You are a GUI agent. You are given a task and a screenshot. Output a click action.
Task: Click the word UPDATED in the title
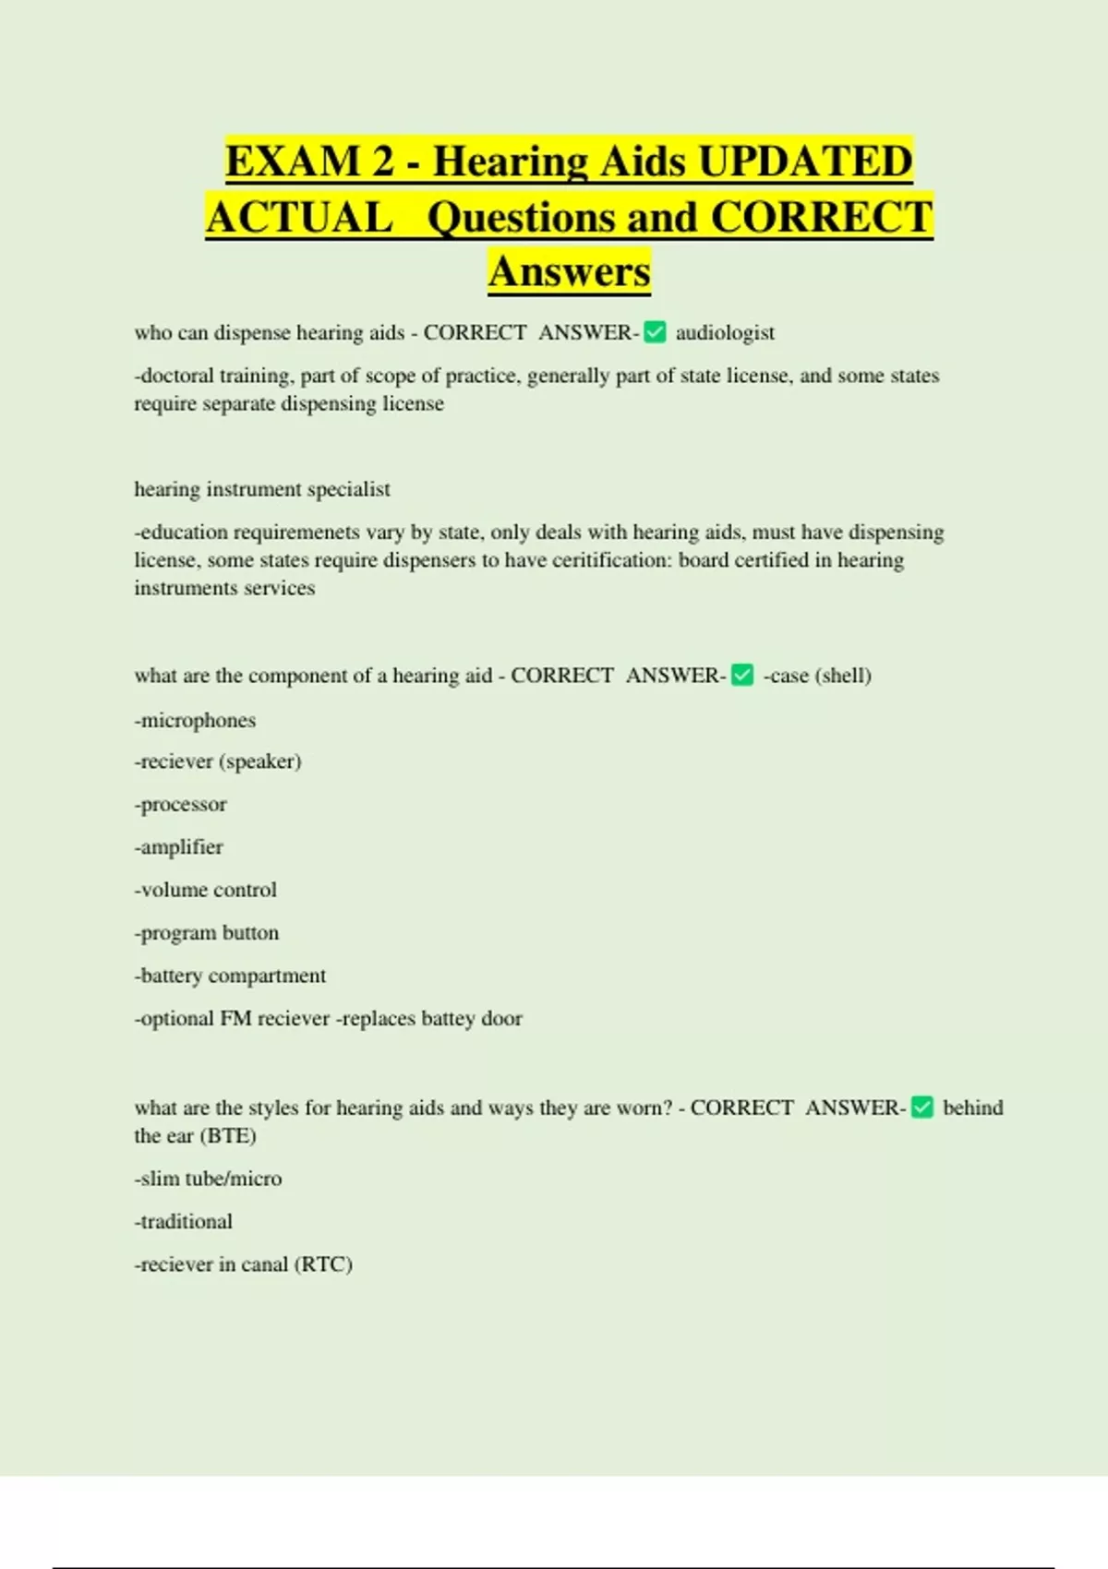point(805,162)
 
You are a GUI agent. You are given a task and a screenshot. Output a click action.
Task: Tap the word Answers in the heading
point(570,271)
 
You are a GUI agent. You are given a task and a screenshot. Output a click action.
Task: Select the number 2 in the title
point(383,162)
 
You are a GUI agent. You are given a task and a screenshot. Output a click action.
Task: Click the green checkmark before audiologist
point(655,332)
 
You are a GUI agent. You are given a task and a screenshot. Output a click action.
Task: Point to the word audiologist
point(725,332)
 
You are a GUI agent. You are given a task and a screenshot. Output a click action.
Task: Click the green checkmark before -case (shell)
point(742,676)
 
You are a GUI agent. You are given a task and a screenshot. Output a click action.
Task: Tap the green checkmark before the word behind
point(922,1108)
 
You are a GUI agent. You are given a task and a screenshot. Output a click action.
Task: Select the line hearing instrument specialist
point(262,489)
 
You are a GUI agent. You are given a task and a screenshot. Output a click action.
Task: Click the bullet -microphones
point(195,720)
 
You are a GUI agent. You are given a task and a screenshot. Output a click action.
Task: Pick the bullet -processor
point(180,804)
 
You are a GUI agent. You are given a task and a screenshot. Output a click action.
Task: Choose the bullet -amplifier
point(178,846)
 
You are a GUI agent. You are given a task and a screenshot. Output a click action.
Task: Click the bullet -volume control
point(205,890)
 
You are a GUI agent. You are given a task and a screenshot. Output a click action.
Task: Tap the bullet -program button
point(206,932)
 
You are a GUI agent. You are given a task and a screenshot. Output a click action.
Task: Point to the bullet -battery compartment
point(230,976)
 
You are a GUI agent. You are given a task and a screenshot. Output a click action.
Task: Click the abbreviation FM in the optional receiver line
point(235,1018)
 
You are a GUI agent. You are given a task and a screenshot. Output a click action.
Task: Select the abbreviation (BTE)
point(226,1135)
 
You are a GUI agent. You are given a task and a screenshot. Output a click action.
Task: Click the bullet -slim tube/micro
point(208,1179)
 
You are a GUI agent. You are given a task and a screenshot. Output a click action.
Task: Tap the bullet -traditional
point(183,1221)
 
